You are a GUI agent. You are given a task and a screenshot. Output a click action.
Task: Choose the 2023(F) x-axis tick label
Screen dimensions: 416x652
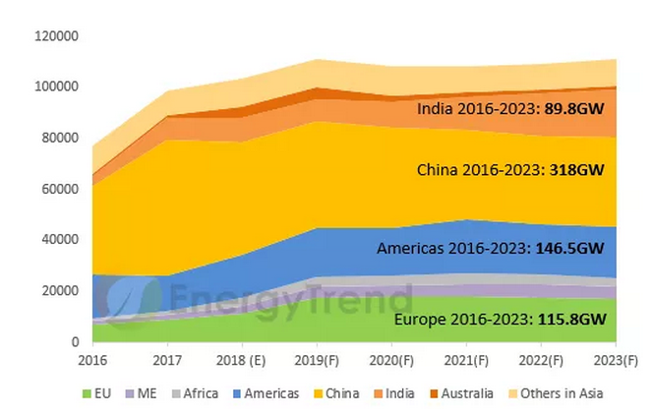pos(616,360)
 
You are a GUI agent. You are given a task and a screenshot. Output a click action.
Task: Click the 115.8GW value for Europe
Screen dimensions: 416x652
pos(567,320)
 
